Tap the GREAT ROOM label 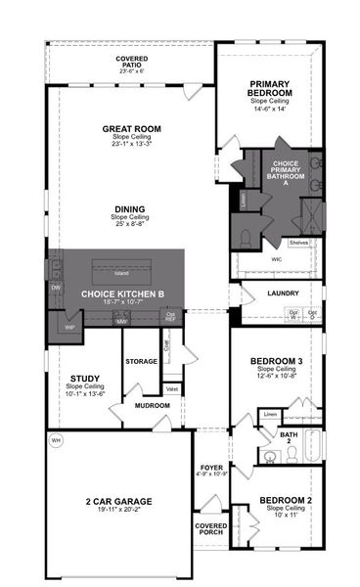(x=131, y=128)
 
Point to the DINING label (x=129, y=208)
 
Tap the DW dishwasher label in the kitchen (x=56, y=287)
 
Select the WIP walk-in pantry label (x=69, y=327)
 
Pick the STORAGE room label (x=141, y=362)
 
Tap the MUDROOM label (x=152, y=404)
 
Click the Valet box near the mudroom (x=171, y=388)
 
